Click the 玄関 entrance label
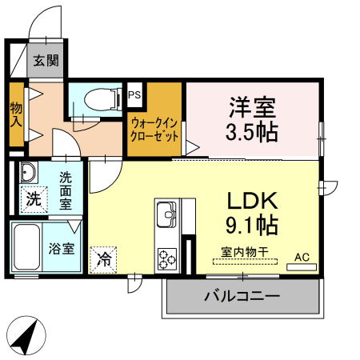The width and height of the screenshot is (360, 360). click(x=46, y=61)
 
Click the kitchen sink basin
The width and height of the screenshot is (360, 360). click(x=168, y=214)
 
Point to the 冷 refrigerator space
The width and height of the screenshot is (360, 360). click(x=103, y=258)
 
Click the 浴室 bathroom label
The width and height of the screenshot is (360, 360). click(x=62, y=248)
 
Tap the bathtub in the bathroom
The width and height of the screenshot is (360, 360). click(x=28, y=247)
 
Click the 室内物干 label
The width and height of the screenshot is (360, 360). click(x=244, y=251)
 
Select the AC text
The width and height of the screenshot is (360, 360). click(x=301, y=256)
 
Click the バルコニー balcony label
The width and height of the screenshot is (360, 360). click(x=242, y=297)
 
